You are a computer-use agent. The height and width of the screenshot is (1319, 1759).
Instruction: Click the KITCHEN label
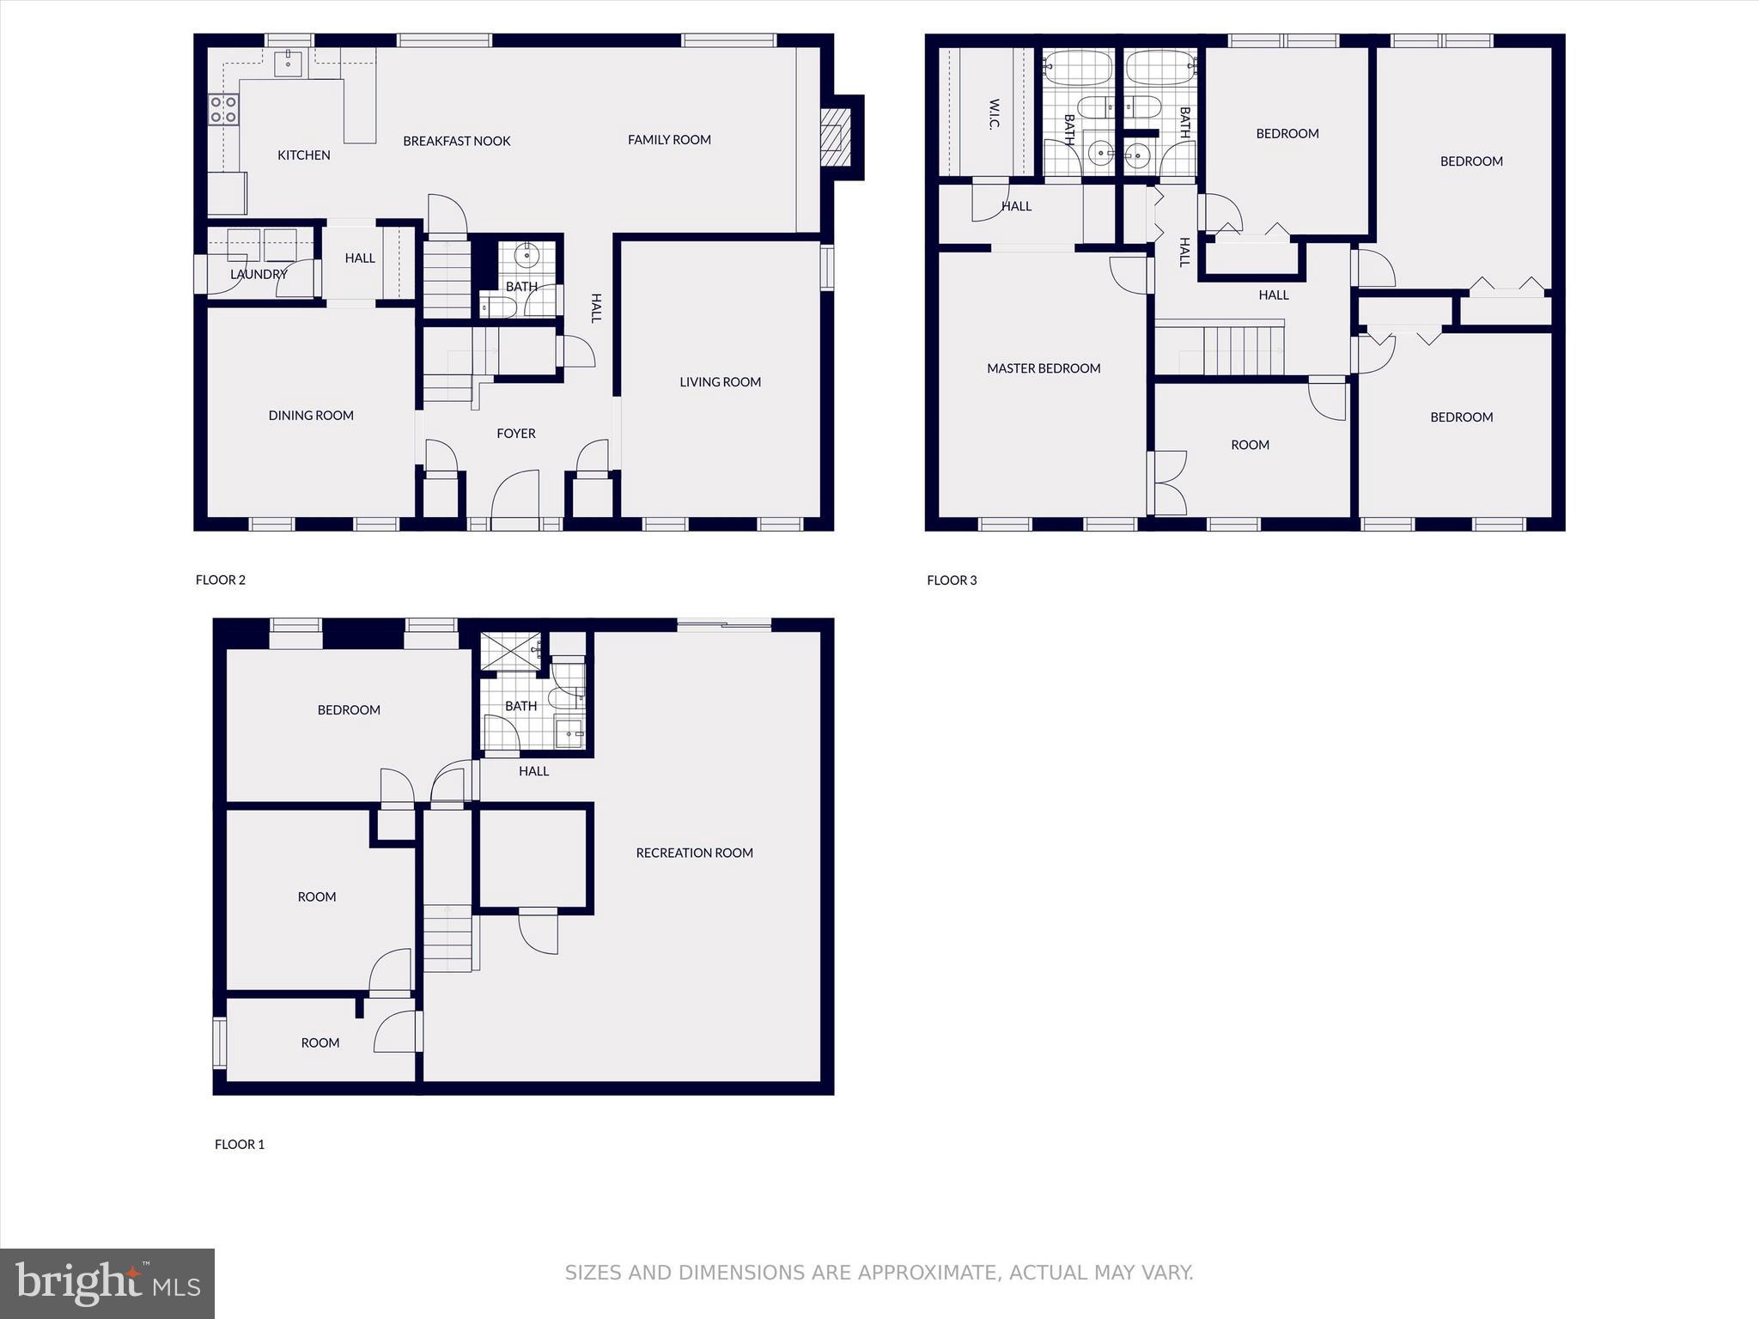coord(303,155)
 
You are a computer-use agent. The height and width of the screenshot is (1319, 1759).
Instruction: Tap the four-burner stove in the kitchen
coord(223,109)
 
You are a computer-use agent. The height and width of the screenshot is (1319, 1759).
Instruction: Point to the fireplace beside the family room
coord(832,137)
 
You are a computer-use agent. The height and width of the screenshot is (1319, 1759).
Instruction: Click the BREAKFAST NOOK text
coord(456,141)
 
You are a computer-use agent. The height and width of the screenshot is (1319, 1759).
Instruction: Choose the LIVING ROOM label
coord(720,382)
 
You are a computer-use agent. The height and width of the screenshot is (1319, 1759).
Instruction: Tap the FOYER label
coord(515,434)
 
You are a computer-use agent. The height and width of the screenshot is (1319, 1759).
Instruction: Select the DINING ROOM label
coord(311,416)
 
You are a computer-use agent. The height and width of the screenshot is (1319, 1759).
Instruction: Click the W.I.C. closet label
coord(994,114)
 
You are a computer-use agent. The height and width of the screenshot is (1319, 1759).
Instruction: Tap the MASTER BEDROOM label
coord(1043,368)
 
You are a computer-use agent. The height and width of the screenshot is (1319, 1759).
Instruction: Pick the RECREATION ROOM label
coord(694,853)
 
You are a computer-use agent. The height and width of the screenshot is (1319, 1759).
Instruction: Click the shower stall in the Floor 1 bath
coord(511,651)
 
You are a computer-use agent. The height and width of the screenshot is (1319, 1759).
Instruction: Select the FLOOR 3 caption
coord(952,580)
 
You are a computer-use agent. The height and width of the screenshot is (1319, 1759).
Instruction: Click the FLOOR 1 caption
coord(239,1145)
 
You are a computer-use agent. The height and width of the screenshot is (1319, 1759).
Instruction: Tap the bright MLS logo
coord(107,1284)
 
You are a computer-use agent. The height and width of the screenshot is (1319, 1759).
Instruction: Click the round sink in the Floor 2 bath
coord(526,255)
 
